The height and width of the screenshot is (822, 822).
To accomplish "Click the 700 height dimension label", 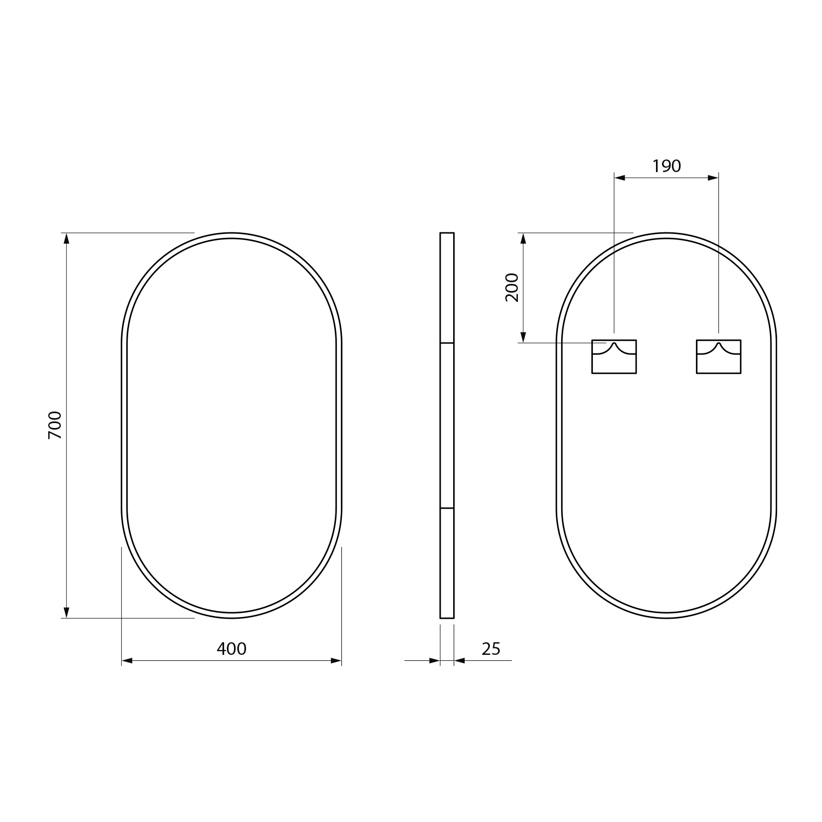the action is point(55,425).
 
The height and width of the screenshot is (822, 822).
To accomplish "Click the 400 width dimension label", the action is point(232,649).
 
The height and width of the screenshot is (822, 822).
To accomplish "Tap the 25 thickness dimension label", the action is point(491,649).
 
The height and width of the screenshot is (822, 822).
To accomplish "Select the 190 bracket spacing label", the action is point(666,165).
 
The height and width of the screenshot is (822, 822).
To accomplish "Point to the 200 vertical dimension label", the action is point(512,287).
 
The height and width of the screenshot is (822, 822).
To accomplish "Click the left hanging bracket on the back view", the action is point(614,356).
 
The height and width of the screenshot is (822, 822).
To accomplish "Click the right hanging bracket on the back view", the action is point(718,356).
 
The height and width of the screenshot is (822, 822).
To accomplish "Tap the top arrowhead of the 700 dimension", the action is point(67,238).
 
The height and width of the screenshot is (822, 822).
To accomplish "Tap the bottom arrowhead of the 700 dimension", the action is point(67,612).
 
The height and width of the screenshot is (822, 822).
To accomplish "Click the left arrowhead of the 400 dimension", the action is point(127,661).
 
